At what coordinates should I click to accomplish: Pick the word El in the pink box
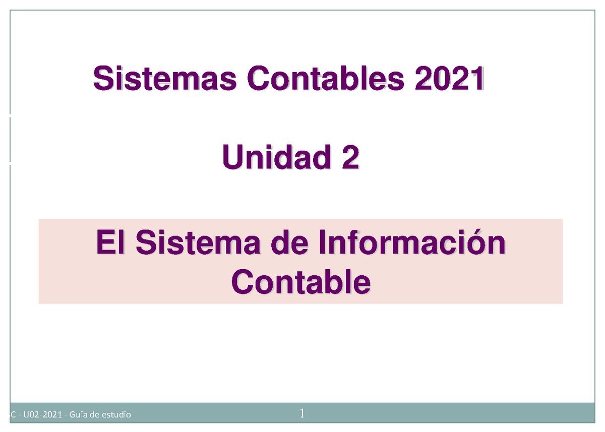(110, 244)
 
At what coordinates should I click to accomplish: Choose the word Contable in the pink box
(300, 283)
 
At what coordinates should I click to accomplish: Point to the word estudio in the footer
(116, 415)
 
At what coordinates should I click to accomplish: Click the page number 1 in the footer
(302, 414)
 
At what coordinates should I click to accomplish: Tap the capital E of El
(103, 244)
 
